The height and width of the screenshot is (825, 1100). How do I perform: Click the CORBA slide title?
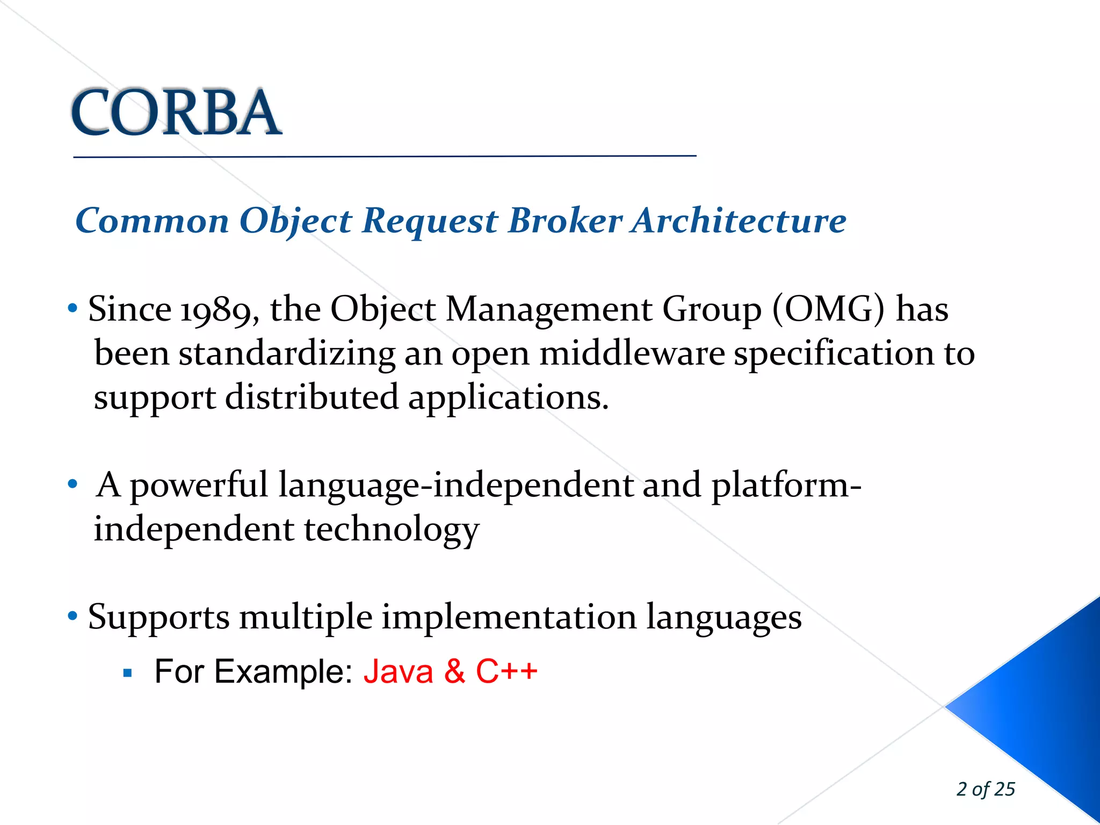[x=176, y=113]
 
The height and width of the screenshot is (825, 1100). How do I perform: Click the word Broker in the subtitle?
[x=565, y=220]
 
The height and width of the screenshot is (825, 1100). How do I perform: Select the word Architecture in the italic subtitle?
[x=739, y=220]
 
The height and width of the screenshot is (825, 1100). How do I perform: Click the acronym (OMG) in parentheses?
[x=828, y=310]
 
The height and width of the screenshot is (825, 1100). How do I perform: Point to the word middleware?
[x=632, y=354]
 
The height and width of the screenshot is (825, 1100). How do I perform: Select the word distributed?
[x=312, y=398]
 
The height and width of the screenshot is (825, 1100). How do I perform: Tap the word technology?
[x=392, y=531]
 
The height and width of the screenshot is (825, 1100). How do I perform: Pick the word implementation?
[x=509, y=618]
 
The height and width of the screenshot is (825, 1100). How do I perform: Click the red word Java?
[x=398, y=672]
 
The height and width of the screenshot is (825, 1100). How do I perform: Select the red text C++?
[x=506, y=672]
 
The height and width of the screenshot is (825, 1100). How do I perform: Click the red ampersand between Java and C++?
[x=454, y=672]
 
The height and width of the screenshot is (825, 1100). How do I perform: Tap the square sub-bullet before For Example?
[x=127, y=673]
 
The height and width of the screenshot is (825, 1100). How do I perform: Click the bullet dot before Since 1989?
[x=73, y=309]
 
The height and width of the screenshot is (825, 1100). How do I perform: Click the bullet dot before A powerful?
[x=73, y=484]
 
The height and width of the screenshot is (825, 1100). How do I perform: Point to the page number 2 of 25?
[x=985, y=789]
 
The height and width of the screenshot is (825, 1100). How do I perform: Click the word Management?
[x=549, y=310]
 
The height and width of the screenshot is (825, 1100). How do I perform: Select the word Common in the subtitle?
[x=153, y=220]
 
